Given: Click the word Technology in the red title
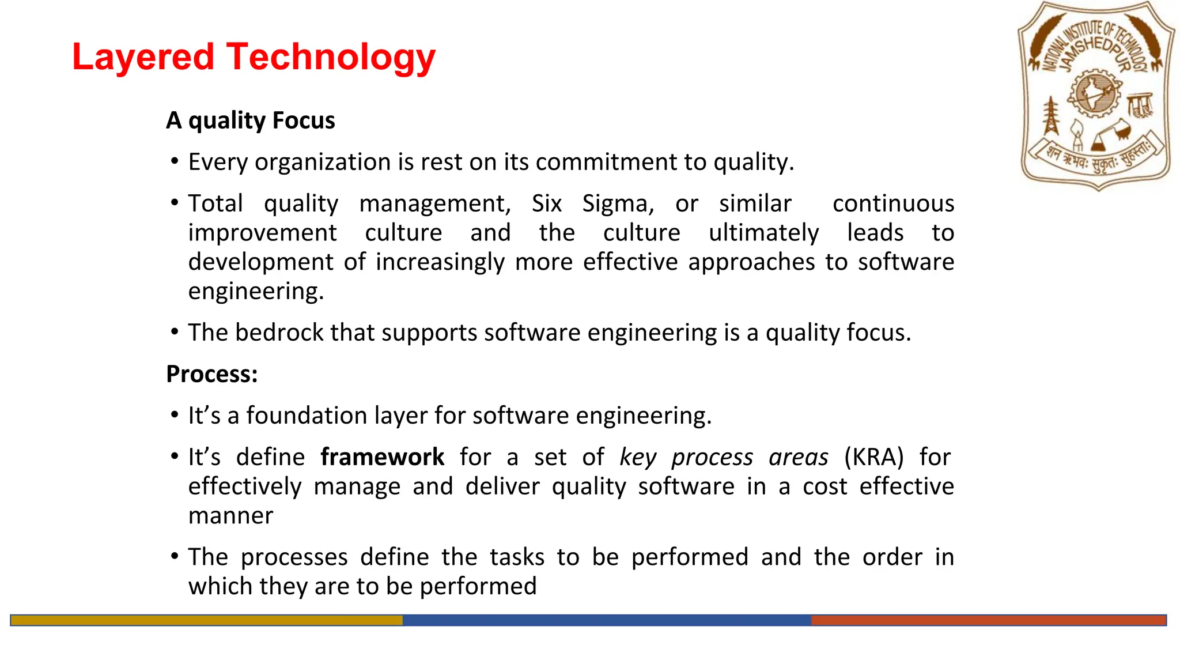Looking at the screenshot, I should click(x=331, y=58).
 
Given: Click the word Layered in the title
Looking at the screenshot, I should click(x=143, y=58).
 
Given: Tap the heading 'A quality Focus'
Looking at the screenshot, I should click(x=250, y=120).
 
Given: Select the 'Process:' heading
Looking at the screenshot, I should click(x=211, y=374).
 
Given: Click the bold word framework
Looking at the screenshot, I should click(x=382, y=457).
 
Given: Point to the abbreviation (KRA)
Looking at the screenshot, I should click(x=873, y=457).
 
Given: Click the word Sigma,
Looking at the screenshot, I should click(x=618, y=203).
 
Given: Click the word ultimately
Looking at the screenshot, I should click(x=763, y=233).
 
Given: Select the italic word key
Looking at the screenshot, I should click(x=637, y=457).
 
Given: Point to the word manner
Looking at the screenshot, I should click(x=230, y=516).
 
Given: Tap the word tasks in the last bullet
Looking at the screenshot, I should click(x=517, y=557).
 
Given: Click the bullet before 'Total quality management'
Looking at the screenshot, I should click(x=175, y=202).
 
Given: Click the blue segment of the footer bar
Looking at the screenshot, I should click(x=606, y=620).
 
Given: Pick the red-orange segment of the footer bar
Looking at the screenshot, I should click(x=988, y=620).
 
